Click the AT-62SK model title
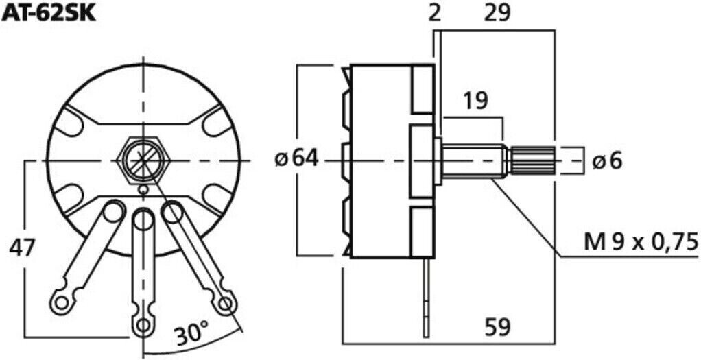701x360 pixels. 47,14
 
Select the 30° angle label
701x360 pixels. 192,334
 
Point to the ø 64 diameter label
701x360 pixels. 296,159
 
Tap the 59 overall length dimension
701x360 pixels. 498,328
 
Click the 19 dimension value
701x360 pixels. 475,101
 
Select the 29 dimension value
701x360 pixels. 497,14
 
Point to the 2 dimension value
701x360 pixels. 435,14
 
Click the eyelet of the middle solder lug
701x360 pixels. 143,324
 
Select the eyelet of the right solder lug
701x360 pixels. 226,303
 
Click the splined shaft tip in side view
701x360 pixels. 532,160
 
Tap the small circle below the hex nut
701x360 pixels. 143,190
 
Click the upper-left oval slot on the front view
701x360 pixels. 69,120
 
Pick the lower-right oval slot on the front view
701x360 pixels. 217,200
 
